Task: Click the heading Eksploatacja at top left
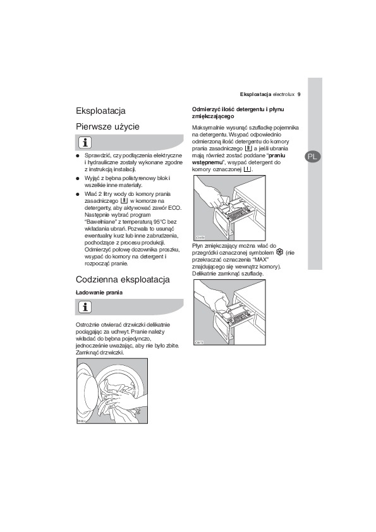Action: [100, 111]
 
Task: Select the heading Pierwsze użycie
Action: [107, 126]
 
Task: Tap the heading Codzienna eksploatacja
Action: [123, 279]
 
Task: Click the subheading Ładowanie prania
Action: [99, 293]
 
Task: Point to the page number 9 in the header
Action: [299, 95]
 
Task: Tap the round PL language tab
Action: [313, 157]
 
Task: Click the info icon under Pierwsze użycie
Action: [85, 143]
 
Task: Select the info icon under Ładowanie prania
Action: [85, 307]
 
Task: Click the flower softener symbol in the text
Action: [280, 253]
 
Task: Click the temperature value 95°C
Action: [160, 222]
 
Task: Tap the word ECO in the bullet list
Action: [175, 208]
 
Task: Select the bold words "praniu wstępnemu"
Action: [239, 159]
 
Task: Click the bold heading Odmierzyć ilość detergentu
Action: [238, 112]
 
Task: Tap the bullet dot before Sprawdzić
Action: [77, 155]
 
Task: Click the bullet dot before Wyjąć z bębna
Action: [77, 178]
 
